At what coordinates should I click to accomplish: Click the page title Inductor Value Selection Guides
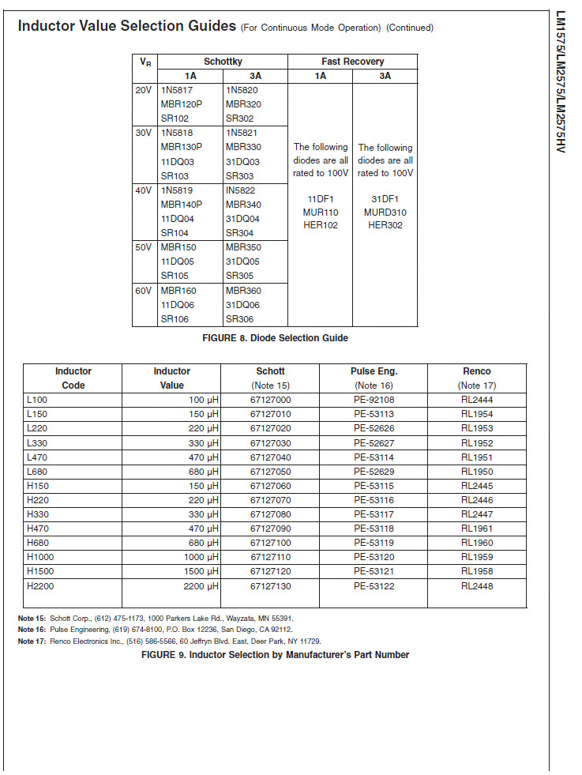tap(127, 26)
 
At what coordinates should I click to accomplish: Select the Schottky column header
tap(223, 62)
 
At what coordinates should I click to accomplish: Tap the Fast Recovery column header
tap(352, 62)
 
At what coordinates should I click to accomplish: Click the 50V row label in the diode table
tap(143, 247)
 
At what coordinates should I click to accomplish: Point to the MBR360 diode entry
tap(242, 291)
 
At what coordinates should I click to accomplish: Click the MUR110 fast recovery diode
tap(321, 213)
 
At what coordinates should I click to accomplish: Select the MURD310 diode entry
tap(385, 213)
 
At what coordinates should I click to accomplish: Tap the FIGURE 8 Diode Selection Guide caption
tap(275, 338)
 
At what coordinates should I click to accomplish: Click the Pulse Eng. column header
tap(374, 371)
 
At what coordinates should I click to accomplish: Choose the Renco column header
tap(476, 371)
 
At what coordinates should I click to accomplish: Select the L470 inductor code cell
tap(37, 457)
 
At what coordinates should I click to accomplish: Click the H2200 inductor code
tap(40, 586)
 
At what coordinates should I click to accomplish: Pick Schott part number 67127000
tap(270, 400)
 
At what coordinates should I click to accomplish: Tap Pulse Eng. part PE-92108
tap(374, 400)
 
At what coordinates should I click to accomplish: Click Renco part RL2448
tap(476, 586)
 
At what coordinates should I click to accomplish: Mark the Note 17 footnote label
tap(32, 641)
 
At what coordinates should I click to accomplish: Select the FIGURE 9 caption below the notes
tap(275, 655)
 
